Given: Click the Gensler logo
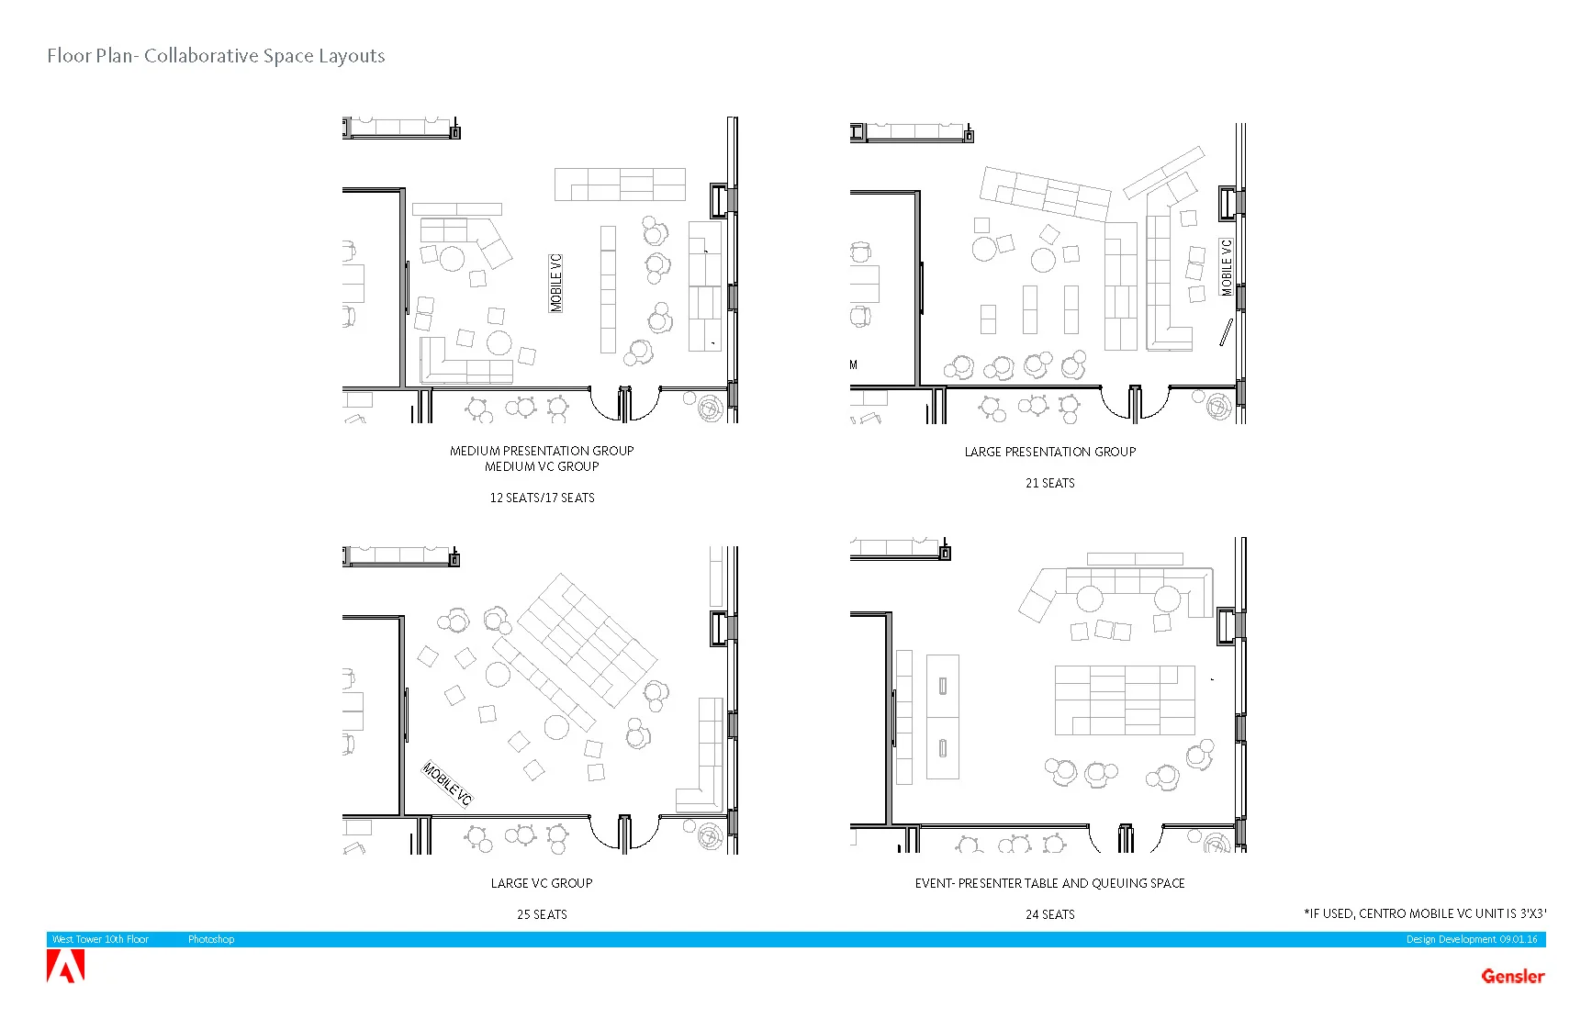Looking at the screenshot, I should click(1512, 976).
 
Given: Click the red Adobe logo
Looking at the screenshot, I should click(65, 967).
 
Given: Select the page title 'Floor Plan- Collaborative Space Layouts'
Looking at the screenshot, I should click(216, 56).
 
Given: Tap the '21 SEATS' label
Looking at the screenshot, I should click(1049, 483).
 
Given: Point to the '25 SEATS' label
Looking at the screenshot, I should click(542, 914).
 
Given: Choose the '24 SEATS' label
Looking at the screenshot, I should click(1049, 914).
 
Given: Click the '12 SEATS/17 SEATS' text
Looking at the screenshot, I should click(542, 498).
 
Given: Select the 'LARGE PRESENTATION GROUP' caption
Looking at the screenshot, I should click(1049, 452).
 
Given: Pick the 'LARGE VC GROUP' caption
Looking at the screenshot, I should click(542, 883).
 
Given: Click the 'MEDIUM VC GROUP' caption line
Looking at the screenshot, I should click(542, 466).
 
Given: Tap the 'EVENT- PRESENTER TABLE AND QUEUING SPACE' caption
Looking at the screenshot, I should click(1049, 883).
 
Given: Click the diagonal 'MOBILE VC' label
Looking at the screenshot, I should click(447, 784).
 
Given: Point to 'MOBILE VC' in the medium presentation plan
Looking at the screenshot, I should click(555, 284).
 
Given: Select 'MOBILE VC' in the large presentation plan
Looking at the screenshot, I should click(1227, 267).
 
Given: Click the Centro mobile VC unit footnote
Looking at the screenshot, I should click(1425, 913).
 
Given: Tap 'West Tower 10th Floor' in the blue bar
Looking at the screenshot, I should click(100, 939).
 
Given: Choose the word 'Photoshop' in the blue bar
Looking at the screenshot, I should click(211, 939).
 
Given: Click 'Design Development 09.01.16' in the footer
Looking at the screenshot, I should click(1471, 939).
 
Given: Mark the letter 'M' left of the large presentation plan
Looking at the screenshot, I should click(854, 364).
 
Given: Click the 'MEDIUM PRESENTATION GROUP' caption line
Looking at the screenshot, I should click(542, 451).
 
